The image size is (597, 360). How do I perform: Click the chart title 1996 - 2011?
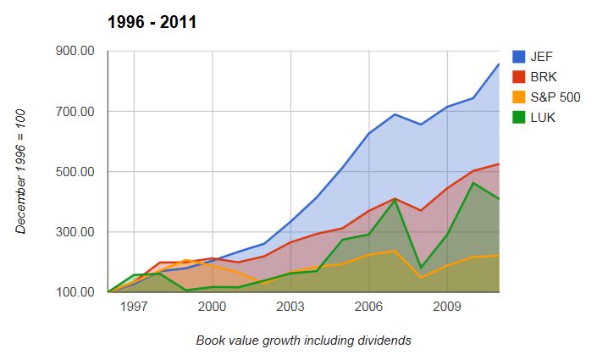152,22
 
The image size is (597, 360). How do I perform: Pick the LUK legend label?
543,118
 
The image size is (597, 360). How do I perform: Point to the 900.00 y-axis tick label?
75,52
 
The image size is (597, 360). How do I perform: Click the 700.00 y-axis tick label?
75,112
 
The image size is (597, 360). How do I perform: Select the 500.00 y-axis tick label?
75,172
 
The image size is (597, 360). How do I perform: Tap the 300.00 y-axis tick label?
75,232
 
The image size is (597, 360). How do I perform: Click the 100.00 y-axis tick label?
75,292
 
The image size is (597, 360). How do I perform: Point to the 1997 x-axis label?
134,307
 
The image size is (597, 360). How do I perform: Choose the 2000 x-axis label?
212,307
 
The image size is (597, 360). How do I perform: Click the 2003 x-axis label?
290,307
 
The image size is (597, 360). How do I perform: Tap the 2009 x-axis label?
447,307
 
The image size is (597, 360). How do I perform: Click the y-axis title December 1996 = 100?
20,171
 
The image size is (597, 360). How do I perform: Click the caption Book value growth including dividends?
304,341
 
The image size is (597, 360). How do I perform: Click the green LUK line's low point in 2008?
421,269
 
